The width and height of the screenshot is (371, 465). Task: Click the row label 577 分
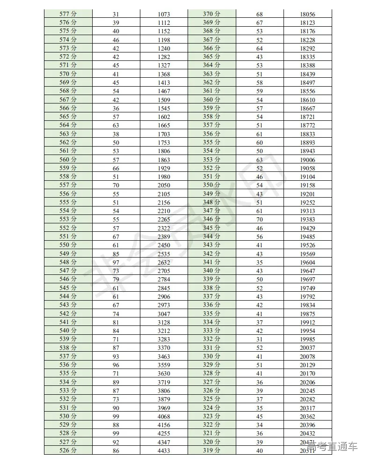click(x=68, y=14)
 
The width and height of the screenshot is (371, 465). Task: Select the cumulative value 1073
click(x=164, y=14)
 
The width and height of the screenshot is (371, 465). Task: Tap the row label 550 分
click(x=68, y=245)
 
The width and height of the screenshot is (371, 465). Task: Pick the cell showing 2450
click(x=164, y=245)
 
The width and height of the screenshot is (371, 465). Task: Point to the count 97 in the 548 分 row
click(x=116, y=262)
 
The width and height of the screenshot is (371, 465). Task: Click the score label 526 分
click(x=68, y=450)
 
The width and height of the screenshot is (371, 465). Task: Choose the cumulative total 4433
click(x=164, y=450)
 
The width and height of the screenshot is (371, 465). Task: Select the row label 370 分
click(x=211, y=14)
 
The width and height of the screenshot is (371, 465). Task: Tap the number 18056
click(x=307, y=14)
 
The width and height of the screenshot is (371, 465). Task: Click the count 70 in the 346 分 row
click(x=259, y=220)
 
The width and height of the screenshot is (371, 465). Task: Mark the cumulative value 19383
click(x=307, y=220)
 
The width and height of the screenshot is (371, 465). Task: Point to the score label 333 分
click(x=211, y=331)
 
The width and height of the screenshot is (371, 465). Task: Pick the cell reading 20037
click(x=307, y=348)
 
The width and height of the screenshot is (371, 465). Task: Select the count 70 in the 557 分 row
click(x=116, y=185)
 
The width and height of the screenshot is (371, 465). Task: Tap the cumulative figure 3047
click(x=164, y=314)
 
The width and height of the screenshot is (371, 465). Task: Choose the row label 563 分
click(x=68, y=134)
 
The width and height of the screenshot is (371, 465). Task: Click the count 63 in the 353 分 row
click(x=259, y=160)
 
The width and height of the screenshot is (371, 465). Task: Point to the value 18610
click(x=307, y=100)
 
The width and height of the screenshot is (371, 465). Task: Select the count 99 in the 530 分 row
click(x=116, y=416)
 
